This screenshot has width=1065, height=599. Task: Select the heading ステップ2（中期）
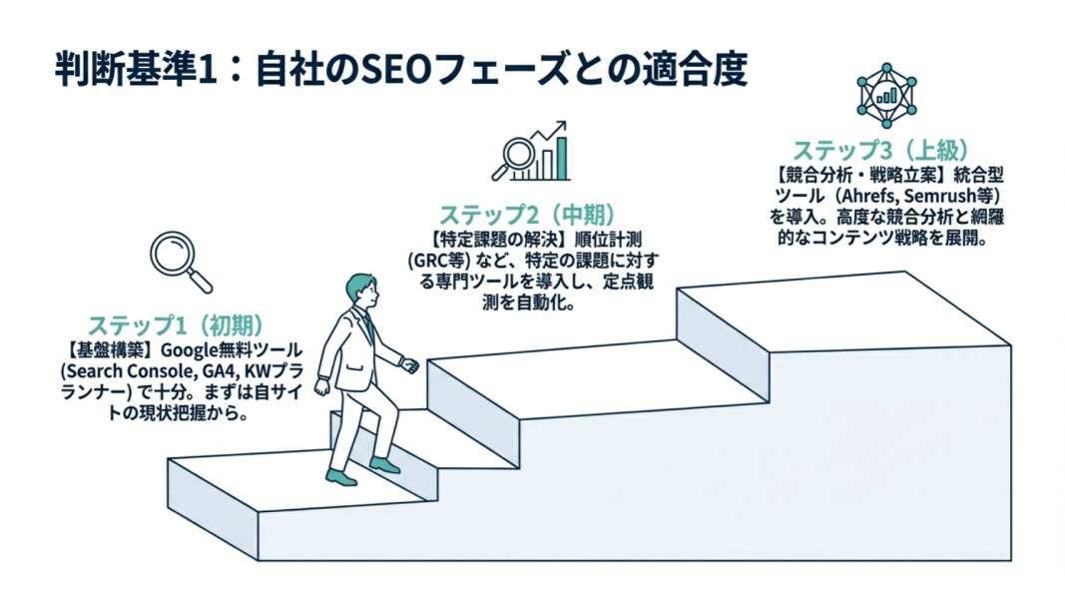(526, 216)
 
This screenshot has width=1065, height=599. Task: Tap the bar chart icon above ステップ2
(536, 150)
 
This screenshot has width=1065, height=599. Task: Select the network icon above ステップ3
(886, 93)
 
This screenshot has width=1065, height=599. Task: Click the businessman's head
(361, 293)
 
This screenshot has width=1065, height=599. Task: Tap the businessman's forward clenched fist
(409, 365)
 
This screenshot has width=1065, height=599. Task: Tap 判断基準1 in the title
(136, 72)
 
